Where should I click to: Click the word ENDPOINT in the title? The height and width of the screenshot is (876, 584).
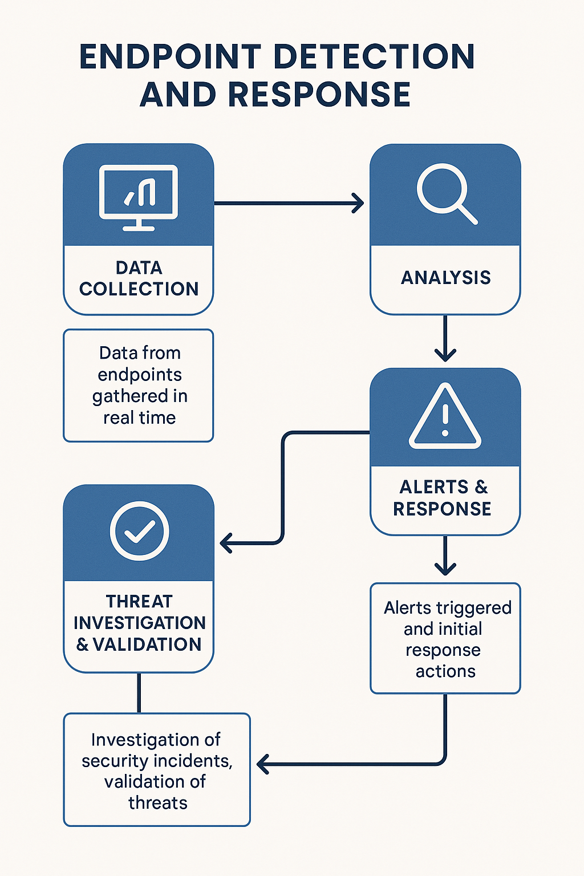(169, 57)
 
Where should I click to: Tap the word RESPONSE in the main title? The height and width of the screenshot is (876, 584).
(319, 95)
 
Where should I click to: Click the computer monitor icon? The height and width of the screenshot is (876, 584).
(139, 197)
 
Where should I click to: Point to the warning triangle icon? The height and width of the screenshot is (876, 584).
(445, 417)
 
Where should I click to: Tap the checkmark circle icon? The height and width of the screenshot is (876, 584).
(139, 531)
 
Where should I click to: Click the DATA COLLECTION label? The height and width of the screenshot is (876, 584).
(139, 278)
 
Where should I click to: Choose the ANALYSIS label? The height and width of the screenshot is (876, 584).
(445, 278)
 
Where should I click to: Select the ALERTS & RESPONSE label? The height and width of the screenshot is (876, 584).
(443, 498)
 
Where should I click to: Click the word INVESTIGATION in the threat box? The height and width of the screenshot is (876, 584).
(139, 623)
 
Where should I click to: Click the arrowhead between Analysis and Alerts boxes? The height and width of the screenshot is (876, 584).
(445, 355)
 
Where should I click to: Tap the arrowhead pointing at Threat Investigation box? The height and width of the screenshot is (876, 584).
(226, 543)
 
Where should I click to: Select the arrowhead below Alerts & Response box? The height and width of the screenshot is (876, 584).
(445, 568)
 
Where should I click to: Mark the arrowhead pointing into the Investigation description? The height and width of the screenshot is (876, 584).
(263, 764)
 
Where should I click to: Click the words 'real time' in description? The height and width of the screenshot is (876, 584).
(139, 418)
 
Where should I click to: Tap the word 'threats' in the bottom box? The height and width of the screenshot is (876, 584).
(157, 803)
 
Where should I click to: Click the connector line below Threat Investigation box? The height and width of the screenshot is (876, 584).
(139, 692)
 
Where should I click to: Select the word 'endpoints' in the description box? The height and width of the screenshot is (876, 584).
(140, 375)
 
